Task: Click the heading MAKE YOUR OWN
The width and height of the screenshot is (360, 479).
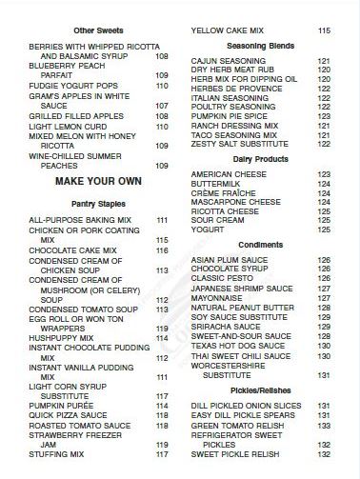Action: coord(98,180)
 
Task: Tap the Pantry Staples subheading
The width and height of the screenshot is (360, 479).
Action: coord(98,204)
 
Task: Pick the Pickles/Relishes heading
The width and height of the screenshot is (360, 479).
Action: coord(259,391)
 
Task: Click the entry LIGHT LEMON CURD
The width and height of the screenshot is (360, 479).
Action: coord(67,125)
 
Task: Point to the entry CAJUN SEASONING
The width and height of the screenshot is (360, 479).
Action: coord(229,61)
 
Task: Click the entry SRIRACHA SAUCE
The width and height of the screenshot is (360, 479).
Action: coord(225,327)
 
